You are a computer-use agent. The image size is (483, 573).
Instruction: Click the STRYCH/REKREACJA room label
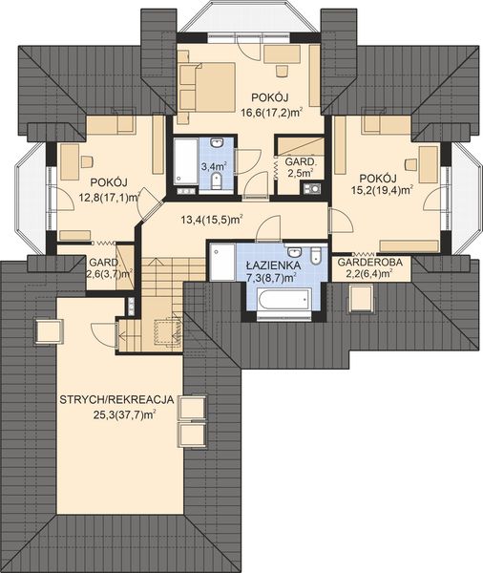[116, 400]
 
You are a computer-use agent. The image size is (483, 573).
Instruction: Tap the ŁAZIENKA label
[273, 265]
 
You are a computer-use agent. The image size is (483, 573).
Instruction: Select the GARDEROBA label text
[370, 262]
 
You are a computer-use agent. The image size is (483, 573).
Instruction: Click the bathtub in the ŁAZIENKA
[284, 299]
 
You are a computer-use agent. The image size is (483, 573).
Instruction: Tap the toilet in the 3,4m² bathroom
[217, 180]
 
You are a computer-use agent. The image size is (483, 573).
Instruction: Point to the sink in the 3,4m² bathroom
[218, 142]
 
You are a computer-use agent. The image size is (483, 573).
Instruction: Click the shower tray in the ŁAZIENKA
[222, 263]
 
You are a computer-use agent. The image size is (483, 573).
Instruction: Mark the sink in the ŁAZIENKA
[294, 251]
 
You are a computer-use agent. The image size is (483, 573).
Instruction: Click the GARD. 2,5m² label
[299, 166]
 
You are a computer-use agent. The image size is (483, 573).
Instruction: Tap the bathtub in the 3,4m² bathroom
[186, 161]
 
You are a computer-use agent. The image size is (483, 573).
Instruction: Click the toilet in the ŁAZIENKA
[316, 255]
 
